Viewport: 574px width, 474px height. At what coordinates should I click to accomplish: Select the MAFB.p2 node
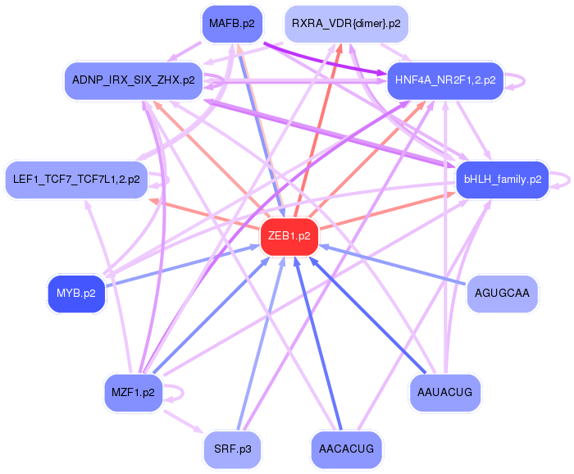(235, 24)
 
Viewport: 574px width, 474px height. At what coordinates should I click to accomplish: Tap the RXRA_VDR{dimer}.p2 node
(346, 24)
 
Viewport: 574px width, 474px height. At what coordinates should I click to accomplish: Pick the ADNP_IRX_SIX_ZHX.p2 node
(134, 80)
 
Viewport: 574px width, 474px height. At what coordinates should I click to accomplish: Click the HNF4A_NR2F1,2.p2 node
(444, 80)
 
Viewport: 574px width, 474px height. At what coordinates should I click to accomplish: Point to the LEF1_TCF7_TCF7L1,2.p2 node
(76, 179)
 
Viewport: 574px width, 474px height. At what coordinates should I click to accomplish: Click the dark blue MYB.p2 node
(76, 293)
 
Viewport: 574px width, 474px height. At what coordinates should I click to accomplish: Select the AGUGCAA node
(503, 293)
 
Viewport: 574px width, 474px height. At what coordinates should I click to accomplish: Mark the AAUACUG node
(444, 392)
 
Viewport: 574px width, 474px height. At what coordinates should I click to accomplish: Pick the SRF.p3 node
(234, 449)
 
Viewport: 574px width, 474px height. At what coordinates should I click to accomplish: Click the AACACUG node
(347, 449)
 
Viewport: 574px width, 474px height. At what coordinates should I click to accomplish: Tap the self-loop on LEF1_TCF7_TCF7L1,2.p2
(166, 179)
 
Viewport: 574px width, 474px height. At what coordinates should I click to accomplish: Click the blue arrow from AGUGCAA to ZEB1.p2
(394, 264)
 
